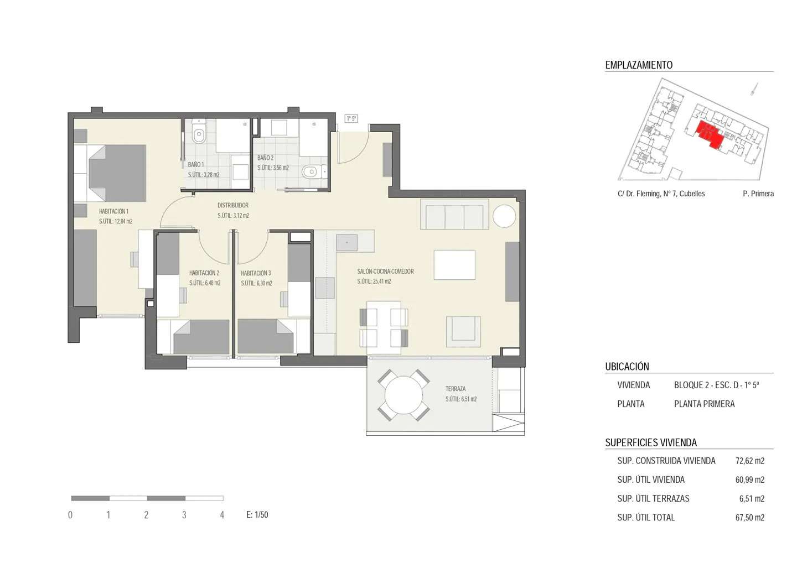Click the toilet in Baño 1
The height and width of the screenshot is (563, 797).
tap(199, 131)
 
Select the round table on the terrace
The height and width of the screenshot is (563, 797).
tap(403, 395)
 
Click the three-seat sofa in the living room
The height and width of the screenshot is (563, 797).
tap(454, 214)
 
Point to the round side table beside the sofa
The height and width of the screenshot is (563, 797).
tap(504, 216)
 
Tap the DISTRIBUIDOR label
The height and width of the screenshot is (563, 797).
tap(233, 205)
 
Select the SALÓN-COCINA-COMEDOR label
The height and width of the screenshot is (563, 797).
tap(385, 272)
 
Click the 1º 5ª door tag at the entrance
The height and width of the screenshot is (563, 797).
tap(351, 119)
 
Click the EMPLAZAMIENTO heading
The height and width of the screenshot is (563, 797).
tap(639, 65)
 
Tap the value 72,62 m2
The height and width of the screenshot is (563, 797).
tap(749, 461)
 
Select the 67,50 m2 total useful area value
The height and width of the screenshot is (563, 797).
tap(749, 518)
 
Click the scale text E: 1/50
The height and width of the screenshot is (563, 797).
tap(257, 515)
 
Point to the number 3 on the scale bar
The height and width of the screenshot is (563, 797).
tap(184, 515)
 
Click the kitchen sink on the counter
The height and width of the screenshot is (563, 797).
tap(346, 243)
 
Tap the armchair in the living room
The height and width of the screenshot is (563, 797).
tap(463, 332)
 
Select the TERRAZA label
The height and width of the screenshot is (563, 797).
tap(456, 389)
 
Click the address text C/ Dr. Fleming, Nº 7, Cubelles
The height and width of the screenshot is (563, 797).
tap(661, 194)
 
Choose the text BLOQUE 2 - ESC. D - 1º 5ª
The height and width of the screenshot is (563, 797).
tap(716, 385)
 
